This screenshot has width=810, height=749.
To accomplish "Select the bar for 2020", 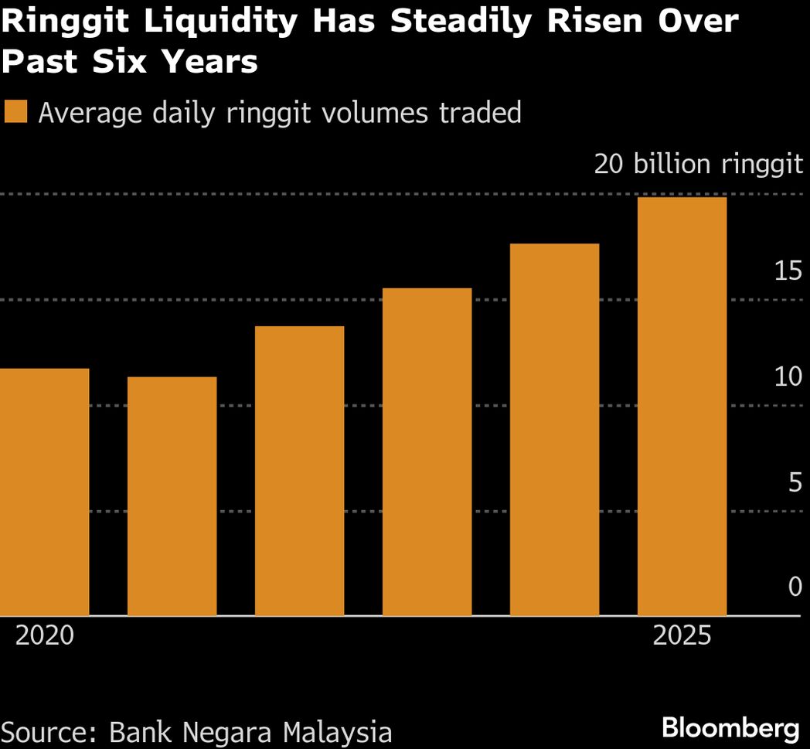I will coord(44,492).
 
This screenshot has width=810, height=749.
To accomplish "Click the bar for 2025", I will coord(682,407).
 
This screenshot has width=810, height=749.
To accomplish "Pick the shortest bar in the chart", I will coord(172,496).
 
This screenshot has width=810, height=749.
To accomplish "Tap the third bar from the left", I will coord(299,471).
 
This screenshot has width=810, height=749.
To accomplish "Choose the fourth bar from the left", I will coord(427,451).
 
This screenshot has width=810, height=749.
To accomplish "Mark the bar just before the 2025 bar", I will coord(554,430).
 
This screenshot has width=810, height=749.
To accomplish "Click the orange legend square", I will coord(16,112).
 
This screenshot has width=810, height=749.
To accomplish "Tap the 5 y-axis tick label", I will coord(795,483).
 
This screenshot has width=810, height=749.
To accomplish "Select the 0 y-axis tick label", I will coord(795,587).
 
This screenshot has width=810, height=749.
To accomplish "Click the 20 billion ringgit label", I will coord(698,165).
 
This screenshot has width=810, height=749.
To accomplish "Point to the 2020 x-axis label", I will coord(45,636).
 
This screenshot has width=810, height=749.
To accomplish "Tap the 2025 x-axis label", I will coord(682,636).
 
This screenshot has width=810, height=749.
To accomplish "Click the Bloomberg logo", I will coord(730,727).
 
